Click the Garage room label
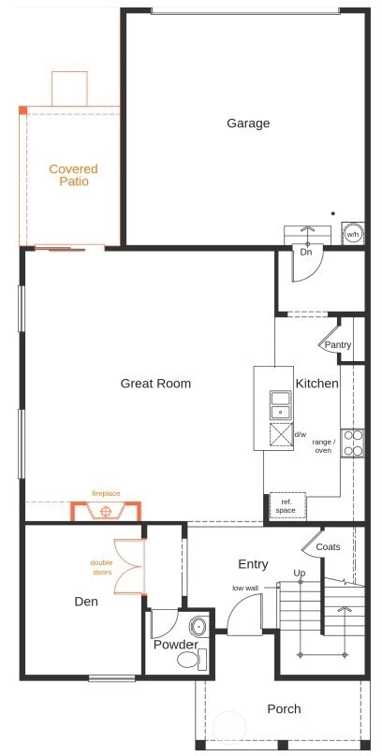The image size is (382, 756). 248,124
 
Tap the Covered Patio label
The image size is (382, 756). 73,175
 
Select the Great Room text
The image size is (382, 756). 155,384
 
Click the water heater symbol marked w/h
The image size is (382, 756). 353,234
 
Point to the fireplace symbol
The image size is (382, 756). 106,511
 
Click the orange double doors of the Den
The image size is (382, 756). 129,566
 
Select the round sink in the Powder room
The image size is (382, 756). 198,626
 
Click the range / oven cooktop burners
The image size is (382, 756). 353,443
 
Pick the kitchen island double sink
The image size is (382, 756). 280,404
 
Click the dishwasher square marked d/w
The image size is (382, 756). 281,434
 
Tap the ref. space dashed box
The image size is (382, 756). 287,505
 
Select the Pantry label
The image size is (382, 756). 338,345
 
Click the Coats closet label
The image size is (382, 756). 328,546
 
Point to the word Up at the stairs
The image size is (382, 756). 300,573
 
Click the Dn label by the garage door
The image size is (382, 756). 305,252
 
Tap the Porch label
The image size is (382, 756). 284,709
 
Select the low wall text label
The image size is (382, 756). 245,588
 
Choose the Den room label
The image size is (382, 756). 86,602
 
